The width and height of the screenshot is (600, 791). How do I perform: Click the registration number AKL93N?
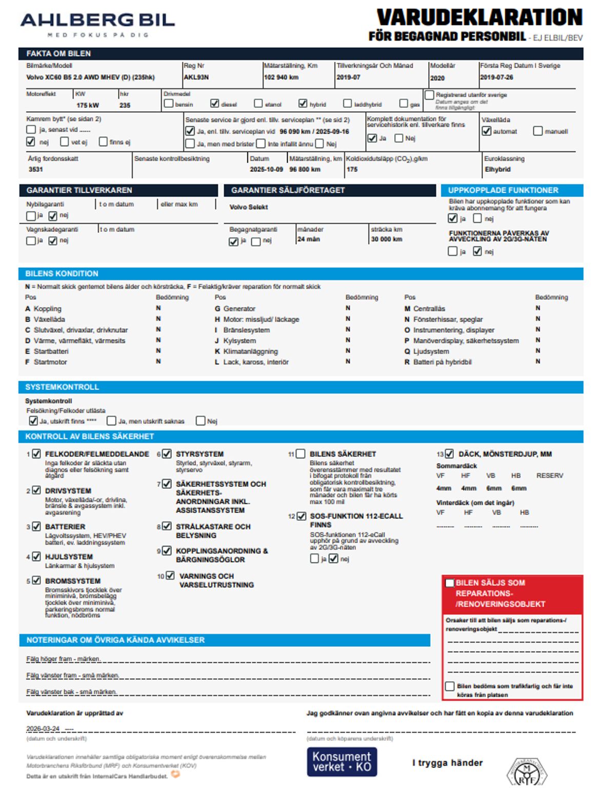[x=196, y=77]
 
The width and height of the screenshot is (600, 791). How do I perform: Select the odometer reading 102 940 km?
[x=281, y=77]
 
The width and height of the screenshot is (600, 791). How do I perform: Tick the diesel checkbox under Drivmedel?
[x=215, y=104]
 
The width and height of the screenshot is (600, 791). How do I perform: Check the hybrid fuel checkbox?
[x=303, y=104]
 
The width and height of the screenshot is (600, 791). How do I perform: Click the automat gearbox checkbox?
[x=487, y=131]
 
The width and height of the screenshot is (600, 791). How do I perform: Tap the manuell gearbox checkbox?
[x=538, y=131]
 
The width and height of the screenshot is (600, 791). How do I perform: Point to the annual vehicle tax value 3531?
[x=36, y=169]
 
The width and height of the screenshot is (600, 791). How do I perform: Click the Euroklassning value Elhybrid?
[x=497, y=169]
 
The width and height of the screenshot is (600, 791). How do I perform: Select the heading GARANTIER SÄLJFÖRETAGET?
[x=288, y=190]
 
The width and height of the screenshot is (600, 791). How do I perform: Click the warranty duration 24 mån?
[x=309, y=239]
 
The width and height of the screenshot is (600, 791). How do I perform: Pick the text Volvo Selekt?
[x=249, y=207]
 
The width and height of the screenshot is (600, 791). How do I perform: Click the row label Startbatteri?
[x=51, y=351]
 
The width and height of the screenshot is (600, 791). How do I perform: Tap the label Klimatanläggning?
[x=250, y=351]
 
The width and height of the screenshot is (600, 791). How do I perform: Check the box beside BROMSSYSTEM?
[x=36, y=581]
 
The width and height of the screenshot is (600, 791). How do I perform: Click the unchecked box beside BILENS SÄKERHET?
[x=301, y=454]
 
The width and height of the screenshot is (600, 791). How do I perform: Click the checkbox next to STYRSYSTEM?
[x=167, y=454]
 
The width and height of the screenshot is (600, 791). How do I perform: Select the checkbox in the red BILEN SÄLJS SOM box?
[x=450, y=583]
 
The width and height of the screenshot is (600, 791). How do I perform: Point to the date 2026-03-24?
[x=43, y=728]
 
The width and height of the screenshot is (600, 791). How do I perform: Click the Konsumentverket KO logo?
[x=342, y=762]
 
